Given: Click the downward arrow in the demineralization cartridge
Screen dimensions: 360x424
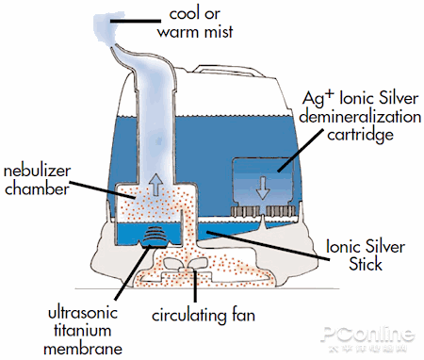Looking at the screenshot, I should click(x=265, y=184).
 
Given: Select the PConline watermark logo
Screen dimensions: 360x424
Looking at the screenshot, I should click(x=367, y=335).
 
